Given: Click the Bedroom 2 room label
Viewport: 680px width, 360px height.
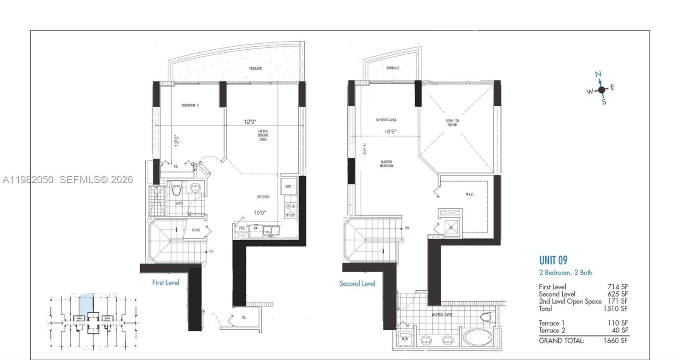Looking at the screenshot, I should [190, 105].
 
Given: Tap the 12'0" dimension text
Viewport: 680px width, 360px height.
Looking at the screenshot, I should [250, 122].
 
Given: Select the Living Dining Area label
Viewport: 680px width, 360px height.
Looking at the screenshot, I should [263, 135].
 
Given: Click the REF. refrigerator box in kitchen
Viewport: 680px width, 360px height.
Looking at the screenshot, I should [288, 187].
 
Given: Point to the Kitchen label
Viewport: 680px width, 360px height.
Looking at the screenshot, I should [263, 197].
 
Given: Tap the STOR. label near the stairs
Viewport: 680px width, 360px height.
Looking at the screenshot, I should [196, 230].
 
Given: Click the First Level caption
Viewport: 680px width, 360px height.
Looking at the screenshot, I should [166, 282].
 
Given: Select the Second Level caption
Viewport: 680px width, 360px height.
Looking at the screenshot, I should [357, 283].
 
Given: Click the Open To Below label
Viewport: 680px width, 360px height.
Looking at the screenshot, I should [452, 123].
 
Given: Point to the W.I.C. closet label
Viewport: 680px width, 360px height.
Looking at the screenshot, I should [469, 195].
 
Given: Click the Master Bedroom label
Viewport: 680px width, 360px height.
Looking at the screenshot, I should [386, 164].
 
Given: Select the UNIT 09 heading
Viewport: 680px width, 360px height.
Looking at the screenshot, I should [553, 260].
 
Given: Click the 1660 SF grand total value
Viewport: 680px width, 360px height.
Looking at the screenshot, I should [615, 340].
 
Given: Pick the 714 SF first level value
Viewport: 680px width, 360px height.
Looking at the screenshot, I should [617, 287].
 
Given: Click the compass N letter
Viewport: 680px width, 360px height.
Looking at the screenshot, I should [598, 74].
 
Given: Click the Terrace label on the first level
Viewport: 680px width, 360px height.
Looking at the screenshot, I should [255, 68].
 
